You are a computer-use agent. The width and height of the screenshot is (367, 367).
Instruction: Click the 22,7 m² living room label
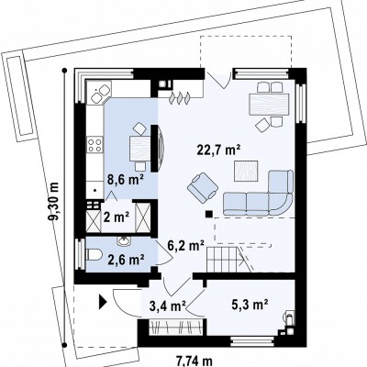click(x=219, y=150)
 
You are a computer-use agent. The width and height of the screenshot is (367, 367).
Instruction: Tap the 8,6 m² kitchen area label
click(x=126, y=180)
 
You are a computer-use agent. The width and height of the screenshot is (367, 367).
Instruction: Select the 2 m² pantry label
click(x=117, y=217)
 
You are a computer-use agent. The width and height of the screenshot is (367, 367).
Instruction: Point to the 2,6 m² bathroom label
click(x=127, y=260)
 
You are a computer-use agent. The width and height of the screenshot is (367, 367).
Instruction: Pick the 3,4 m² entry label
click(x=168, y=306)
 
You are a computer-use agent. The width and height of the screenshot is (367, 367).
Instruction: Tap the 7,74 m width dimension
click(x=194, y=361)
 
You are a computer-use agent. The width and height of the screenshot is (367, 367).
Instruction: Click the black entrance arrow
click(x=103, y=302)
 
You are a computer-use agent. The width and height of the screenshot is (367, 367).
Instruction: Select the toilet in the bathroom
click(x=95, y=255)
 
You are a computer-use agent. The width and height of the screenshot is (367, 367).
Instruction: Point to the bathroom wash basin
click(x=124, y=241)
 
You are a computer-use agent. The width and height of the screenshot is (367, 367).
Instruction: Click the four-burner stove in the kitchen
click(x=95, y=145)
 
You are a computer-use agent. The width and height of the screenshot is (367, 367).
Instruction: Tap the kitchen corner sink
click(x=99, y=93)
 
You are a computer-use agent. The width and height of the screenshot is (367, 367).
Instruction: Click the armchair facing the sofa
click(x=203, y=187)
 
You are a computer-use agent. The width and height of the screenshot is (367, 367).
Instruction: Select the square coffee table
click(x=246, y=172)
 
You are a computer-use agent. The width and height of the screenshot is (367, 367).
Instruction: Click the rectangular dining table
click(x=269, y=105)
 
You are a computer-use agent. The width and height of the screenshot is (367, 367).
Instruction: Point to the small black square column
click(x=209, y=214)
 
